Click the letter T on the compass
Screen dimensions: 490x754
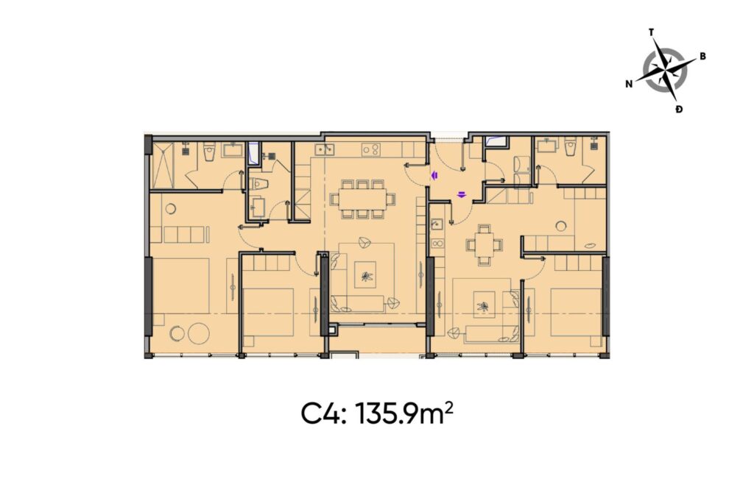click(x=651, y=32)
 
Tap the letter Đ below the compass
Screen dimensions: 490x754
click(x=678, y=109)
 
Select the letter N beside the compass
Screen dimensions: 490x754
click(x=629, y=84)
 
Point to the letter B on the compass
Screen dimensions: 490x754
click(x=703, y=56)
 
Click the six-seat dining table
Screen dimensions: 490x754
click(x=362, y=199)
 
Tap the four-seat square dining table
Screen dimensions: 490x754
click(x=483, y=245)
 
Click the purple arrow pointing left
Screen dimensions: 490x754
click(x=434, y=175)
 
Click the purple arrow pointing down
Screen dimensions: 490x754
click(x=461, y=195)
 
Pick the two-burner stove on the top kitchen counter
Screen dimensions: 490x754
click(x=371, y=150)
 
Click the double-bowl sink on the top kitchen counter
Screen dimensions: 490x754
click(x=324, y=150)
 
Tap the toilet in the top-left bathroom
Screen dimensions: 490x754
click(x=208, y=151)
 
